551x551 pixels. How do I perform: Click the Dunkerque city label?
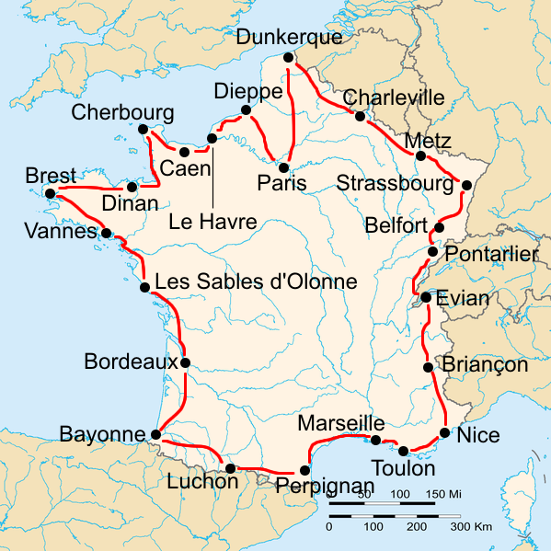click(289, 38)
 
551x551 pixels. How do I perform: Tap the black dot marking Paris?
click(284, 166)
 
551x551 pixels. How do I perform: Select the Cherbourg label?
click(121, 112)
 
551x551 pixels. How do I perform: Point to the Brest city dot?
click(50, 193)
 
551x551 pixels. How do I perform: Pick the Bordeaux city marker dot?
click(186, 362)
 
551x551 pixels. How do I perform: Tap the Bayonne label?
click(102, 433)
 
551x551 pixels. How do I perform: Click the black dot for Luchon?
click(229, 468)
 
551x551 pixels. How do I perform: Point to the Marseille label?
click(340, 423)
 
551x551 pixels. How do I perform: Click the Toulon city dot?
click(404, 450)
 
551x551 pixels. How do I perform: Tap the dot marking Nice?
click(445, 432)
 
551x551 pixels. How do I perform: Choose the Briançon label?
click(486, 364)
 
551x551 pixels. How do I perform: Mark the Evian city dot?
click(427, 297)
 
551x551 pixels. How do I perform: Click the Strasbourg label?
click(396, 183)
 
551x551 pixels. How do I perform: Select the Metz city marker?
click(420, 155)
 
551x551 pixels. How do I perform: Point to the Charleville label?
click(393, 98)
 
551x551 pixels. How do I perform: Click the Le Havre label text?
click(213, 222)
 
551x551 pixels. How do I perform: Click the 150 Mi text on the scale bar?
click(442, 495)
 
